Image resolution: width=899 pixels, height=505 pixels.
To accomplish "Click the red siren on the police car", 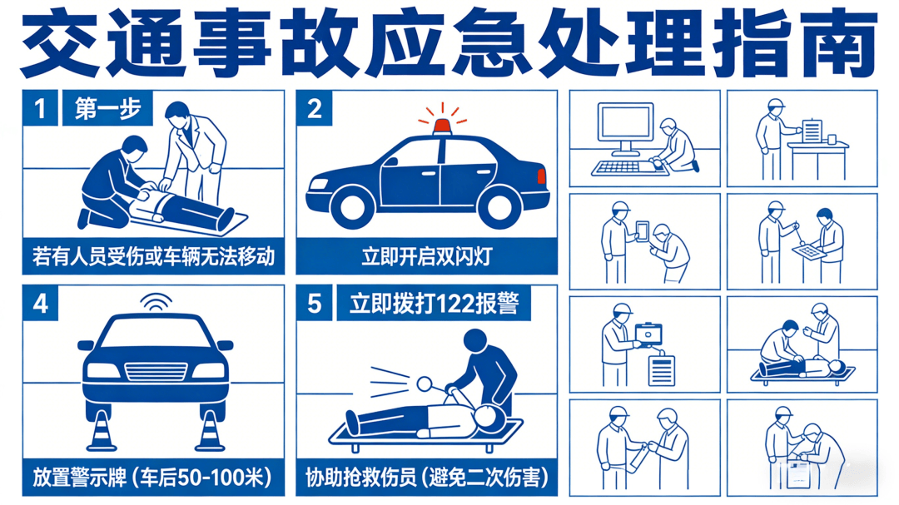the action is [x=442, y=126].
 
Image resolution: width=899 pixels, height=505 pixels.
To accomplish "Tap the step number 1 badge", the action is [x=40, y=108].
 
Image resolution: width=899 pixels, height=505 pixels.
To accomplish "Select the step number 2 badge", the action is [x=314, y=108].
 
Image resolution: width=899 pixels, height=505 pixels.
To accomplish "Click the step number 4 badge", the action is [x=40, y=303].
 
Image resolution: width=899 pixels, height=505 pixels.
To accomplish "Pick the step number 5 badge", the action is [x=314, y=303].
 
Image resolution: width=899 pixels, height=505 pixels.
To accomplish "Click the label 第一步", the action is [x=107, y=108].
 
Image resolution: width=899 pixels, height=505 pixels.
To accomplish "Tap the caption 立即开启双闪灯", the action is [x=426, y=256].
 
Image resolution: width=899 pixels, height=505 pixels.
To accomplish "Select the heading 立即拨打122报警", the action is [x=434, y=303].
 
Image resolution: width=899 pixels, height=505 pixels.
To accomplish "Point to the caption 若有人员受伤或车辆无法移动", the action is [x=154, y=256].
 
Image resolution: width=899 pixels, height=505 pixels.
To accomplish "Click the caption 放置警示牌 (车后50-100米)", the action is [x=152, y=478].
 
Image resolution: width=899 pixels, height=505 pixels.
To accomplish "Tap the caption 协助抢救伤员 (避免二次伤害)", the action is [x=426, y=478].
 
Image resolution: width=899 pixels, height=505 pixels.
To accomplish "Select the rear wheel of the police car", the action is [x=499, y=205].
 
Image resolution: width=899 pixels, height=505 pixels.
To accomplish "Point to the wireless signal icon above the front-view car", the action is [x=156, y=301].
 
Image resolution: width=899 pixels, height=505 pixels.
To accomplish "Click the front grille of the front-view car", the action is [x=156, y=371].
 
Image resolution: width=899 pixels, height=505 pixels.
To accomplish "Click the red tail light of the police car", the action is [x=541, y=176].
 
